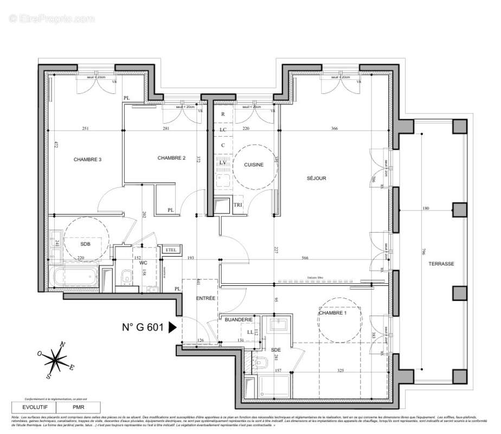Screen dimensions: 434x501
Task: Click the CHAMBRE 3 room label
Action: [x=88, y=159]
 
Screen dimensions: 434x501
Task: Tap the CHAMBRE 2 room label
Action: [x=171, y=158]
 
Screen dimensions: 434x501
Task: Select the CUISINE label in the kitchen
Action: [x=254, y=165]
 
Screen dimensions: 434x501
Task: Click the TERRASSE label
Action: [x=440, y=264]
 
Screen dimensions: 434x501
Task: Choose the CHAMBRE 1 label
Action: [x=332, y=313]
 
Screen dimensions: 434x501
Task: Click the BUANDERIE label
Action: [x=239, y=320]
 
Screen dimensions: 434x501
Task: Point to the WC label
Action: [x=144, y=263]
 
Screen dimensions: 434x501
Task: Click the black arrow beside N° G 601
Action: [x=173, y=327]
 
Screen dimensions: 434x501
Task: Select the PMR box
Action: [x=79, y=406]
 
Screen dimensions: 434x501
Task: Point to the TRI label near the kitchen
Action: [x=237, y=205]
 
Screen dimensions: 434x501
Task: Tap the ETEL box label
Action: [x=171, y=249]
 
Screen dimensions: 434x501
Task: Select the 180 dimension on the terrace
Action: [x=425, y=208]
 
